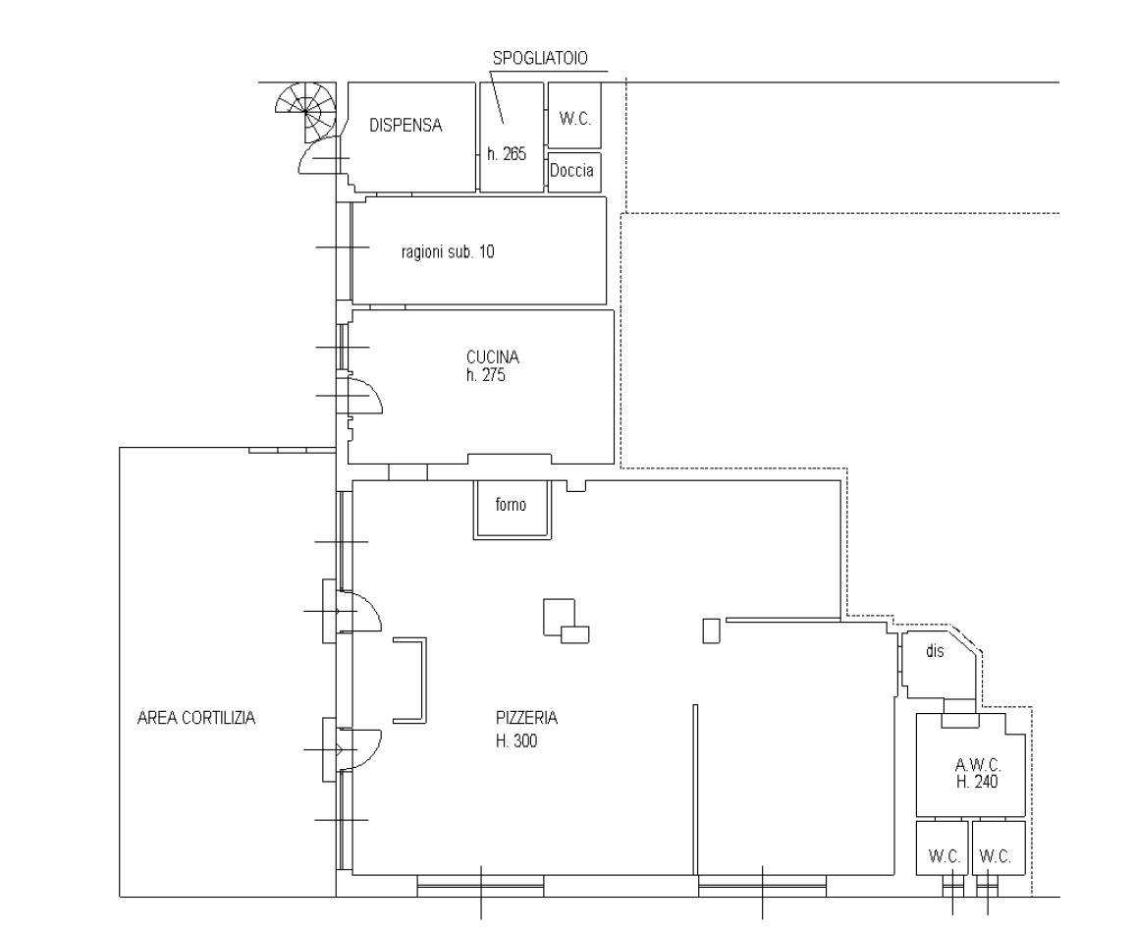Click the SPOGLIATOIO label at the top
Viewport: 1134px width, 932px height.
click(540, 58)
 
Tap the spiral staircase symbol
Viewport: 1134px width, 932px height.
click(305, 109)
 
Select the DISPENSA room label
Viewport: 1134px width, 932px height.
click(405, 125)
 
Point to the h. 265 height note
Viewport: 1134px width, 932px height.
click(507, 153)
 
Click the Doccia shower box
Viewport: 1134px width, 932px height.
click(574, 172)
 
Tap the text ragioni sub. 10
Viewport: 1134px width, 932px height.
click(448, 251)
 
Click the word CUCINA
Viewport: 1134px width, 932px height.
click(493, 356)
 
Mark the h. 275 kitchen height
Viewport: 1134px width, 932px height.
click(485, 375)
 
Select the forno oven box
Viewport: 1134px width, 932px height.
click(513, 510)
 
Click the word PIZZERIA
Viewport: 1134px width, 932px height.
click(526, 718)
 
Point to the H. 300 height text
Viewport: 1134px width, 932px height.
click(516, 740)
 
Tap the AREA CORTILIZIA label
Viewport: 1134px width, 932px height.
click(196, 718)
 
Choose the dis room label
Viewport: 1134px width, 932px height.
click(935, 651)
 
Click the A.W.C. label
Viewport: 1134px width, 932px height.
click(978, 764)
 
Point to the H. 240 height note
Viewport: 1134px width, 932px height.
click(977, 782)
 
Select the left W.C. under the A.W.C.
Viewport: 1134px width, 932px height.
click(944, 856)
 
